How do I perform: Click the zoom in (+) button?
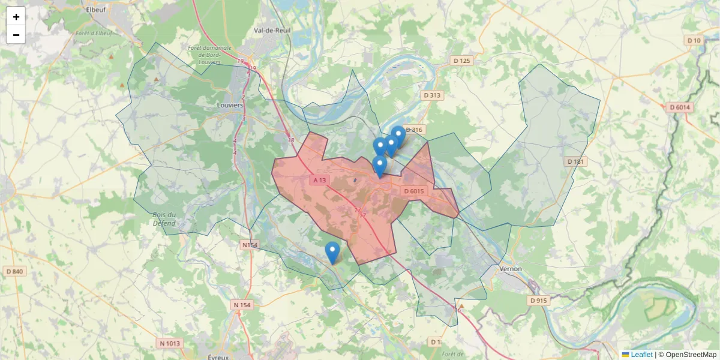[16, 17]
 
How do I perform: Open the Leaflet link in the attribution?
[641, 355]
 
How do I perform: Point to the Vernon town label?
[510, 269]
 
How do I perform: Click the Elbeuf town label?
[96, 10]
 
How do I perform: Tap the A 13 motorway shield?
[319, 180]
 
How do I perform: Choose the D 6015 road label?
[414, 191]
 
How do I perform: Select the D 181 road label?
[575, 161]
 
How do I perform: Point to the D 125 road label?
[462, 61]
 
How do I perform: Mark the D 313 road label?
[432, 95]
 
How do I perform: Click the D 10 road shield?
[694, 40]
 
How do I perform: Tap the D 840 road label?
[14, 272]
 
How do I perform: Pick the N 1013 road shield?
[169, 344]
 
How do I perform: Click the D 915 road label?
[539, 300]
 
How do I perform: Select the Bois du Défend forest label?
[164, 219]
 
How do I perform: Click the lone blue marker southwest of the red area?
[332, 253]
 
